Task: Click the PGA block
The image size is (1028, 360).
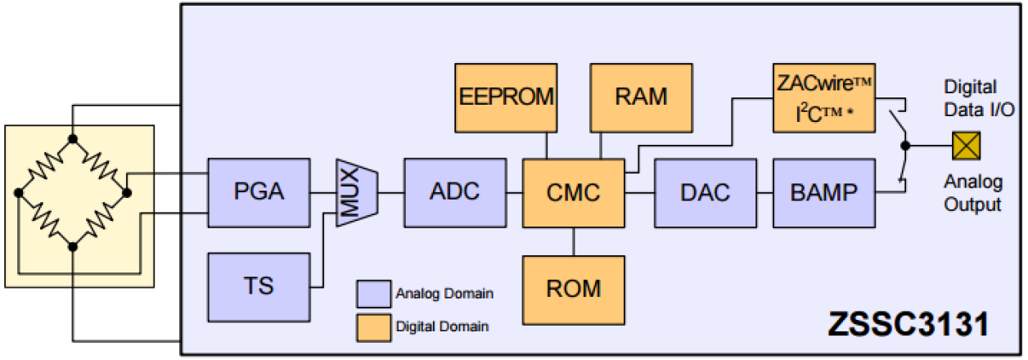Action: [x=258, y=192]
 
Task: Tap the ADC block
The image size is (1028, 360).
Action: [x=454, y=192]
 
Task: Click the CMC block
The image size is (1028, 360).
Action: [x=573, y=192]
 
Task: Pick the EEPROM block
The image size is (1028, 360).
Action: [x=507, y=97]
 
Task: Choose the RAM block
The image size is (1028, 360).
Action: [x=641, y=97]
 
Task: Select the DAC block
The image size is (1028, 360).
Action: [x=704, y=192]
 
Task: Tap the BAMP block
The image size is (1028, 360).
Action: [x=823, y=192]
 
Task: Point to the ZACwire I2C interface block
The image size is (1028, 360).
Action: [x=823, y=97]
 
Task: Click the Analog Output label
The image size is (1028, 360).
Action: [x=973, y=193]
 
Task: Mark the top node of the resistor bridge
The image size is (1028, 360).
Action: [x=73, y=137]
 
